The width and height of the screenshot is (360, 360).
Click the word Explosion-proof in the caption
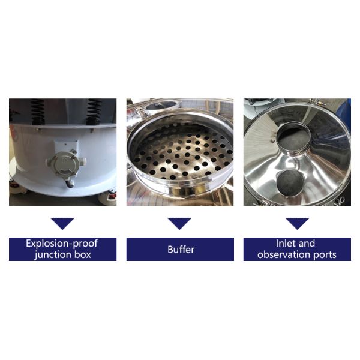[x=62, y=244]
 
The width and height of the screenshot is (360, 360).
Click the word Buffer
[x=181, y=250]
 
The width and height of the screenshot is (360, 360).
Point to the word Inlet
[x=284, y=244]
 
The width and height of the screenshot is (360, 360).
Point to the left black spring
[x=38, y=112]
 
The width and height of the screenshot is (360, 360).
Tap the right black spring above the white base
[x=94, y=112]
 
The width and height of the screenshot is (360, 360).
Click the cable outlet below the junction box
[x=70, y=183]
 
